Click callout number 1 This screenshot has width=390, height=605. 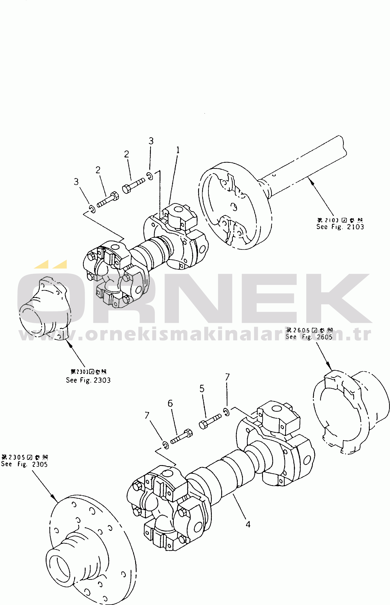point(178,150)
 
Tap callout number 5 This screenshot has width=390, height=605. point(202,389)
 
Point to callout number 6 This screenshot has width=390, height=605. point(170,403)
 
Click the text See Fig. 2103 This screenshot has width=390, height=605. point(340,227)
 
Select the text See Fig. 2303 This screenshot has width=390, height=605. point(88,380)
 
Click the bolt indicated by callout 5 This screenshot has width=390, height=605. point(210,421)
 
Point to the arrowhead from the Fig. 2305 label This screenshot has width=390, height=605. point(54,499)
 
